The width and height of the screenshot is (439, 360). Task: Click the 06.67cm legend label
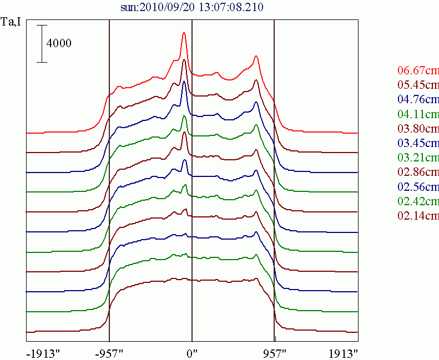click(418, 70)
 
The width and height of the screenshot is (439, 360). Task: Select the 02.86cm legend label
click(418, 171)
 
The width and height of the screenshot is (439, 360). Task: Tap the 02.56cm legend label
click(418, 186)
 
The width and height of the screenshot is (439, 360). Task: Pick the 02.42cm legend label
click(418, 200)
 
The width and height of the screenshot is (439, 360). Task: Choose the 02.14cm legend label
click(418, 215)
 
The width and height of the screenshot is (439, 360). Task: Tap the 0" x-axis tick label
click(192, 353)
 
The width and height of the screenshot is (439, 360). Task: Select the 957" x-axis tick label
click(275, 353)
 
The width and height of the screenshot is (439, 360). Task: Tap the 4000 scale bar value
click(59, 44)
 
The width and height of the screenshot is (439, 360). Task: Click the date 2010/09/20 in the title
click(169, 7)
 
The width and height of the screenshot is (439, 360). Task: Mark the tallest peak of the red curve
click(184, 33)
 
